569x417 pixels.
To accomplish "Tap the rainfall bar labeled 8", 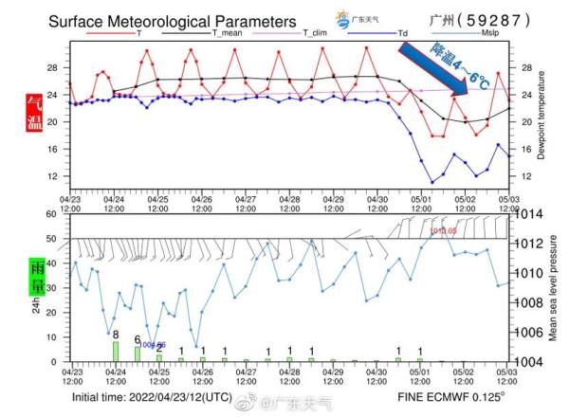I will click(x=116, y=351).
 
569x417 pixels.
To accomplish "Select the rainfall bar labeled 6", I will click(x=138, y=354).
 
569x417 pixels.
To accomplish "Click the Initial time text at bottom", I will click(x=152, y=396).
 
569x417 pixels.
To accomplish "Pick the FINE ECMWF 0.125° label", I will click(x=450, y=396).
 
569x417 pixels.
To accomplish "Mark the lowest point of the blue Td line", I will click(x=432, y=181).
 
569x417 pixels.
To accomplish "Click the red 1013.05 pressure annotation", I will click(x=444, y=230).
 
